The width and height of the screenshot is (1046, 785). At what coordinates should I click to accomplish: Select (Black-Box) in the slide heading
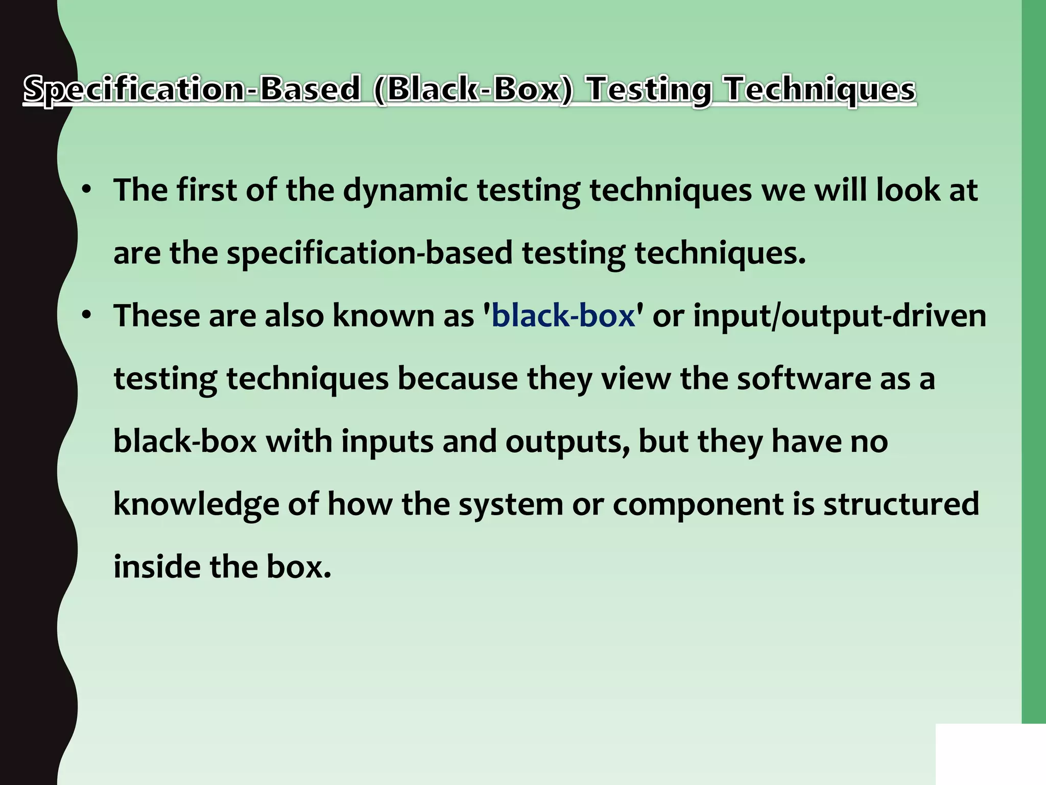click(x=473, y=89)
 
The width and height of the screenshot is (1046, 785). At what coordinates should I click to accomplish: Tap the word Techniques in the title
click(x=821, y=89)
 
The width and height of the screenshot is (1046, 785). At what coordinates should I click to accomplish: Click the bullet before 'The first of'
click(x=86, y=190)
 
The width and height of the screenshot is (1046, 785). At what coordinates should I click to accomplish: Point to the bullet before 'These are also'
click(x=86, y=315)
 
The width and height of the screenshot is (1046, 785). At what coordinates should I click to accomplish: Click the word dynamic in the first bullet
click(x=405, y=190)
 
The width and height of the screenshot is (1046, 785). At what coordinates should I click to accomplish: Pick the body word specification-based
click(x=369, y=253)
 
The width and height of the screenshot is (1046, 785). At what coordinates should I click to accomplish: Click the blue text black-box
click(x=563, y=315)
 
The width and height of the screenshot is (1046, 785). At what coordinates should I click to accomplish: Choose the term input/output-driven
click(x=840, y=316)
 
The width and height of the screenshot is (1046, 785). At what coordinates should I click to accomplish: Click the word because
click(x=458, y=378)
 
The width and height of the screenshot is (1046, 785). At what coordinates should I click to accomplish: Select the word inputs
click(x=387, y=441)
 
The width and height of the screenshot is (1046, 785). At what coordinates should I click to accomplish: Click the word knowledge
click(x=196, y=504)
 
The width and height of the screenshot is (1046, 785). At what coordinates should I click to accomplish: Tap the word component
click(x=698, y=504)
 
